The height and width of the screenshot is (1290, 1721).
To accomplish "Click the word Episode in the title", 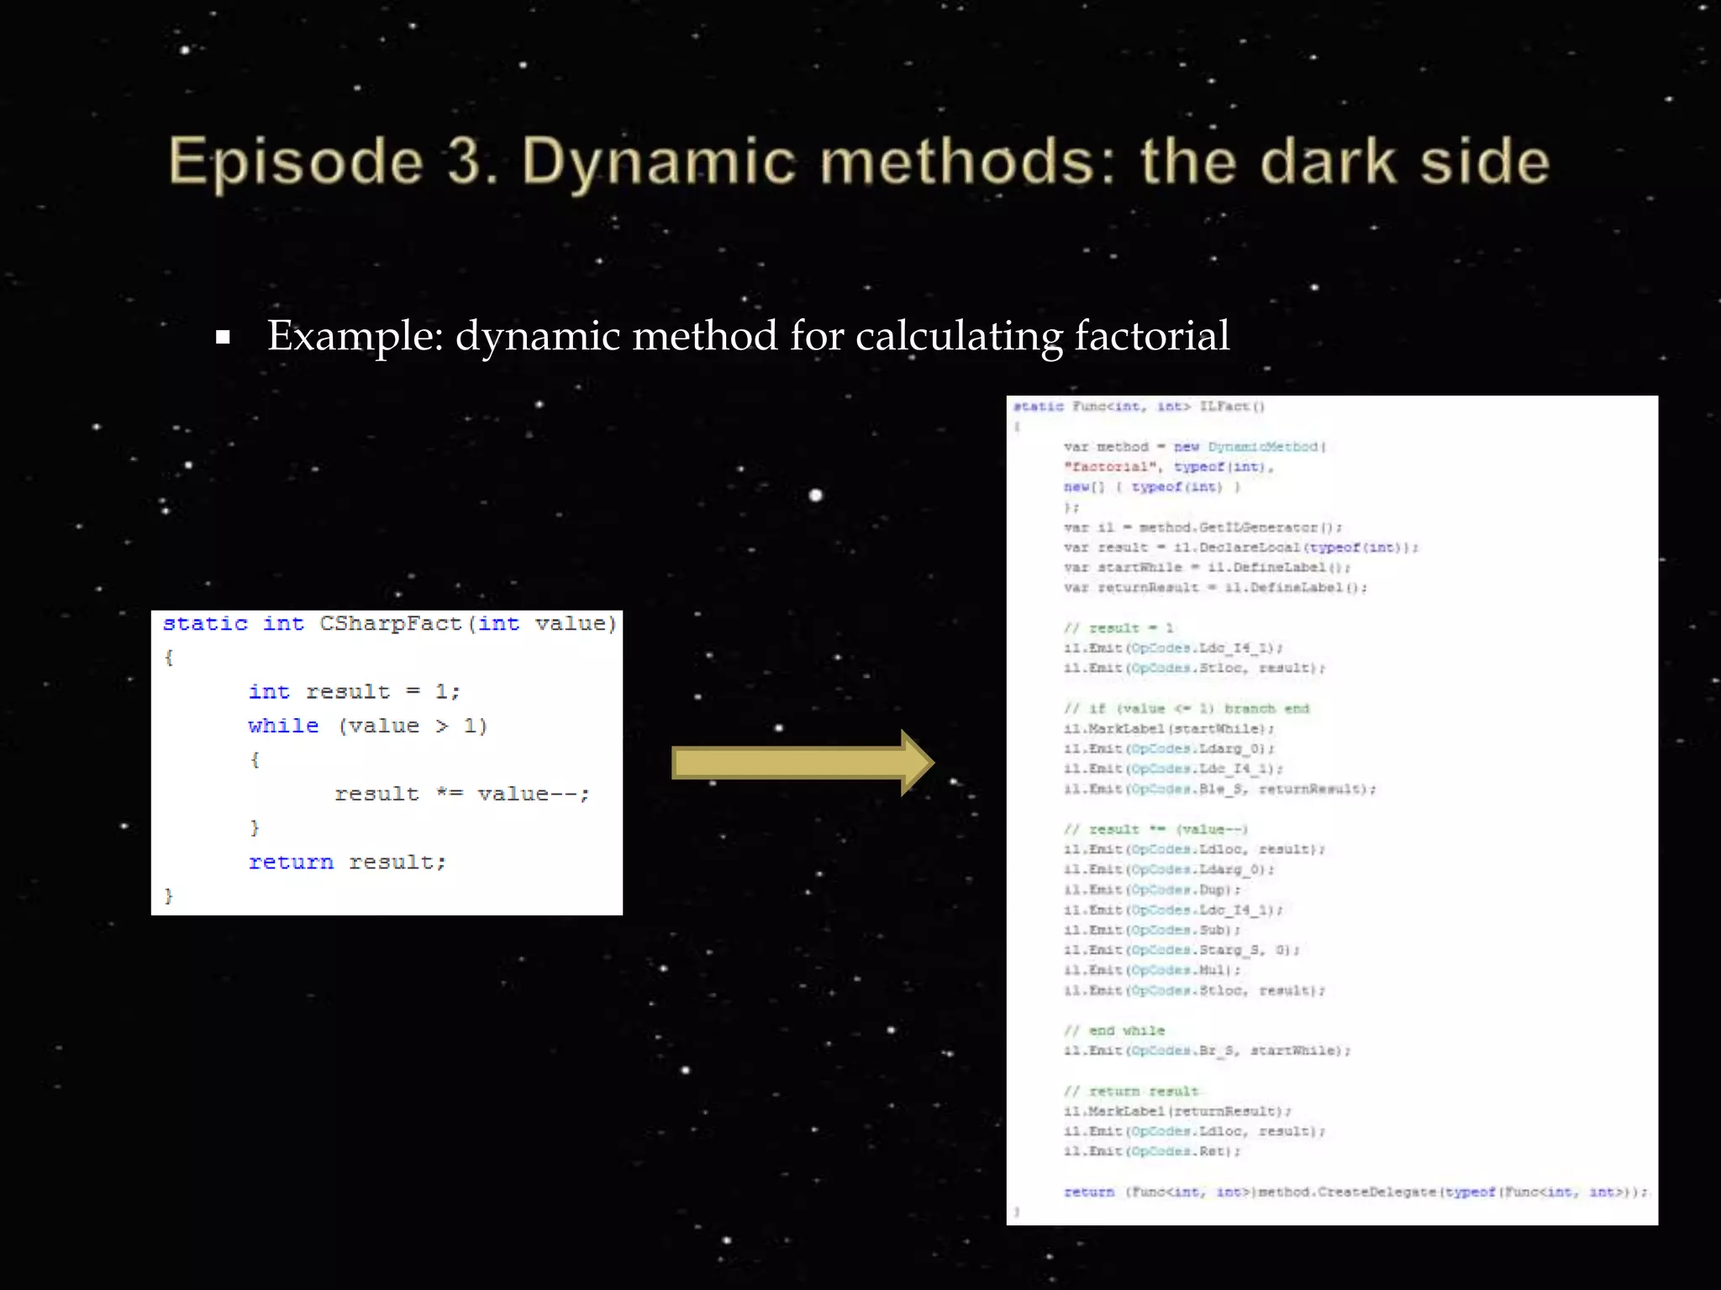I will (296, 162).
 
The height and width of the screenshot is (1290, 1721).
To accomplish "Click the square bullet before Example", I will (223, 338).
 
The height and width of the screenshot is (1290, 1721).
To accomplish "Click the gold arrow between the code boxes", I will (803, 763).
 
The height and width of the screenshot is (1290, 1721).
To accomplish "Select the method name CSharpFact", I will (391, 624).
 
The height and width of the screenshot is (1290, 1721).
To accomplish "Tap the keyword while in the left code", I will (283, 726).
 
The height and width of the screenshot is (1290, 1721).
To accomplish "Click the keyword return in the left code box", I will (291, 863).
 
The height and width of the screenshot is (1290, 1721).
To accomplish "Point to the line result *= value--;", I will (462, 794).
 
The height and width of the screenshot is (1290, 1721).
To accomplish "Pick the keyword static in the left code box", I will (205, 624).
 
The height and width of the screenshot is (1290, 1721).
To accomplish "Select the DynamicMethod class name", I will (1263, 448).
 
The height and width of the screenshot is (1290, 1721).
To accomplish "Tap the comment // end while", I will (1114, 1031).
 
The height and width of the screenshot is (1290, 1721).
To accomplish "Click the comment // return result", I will (1131, 1092).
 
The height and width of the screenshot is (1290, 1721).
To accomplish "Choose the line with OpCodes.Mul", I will (1151, 971).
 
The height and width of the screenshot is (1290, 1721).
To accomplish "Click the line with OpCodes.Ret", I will (1151, 1152).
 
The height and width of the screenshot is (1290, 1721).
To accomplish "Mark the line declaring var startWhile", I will (1207, 569).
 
